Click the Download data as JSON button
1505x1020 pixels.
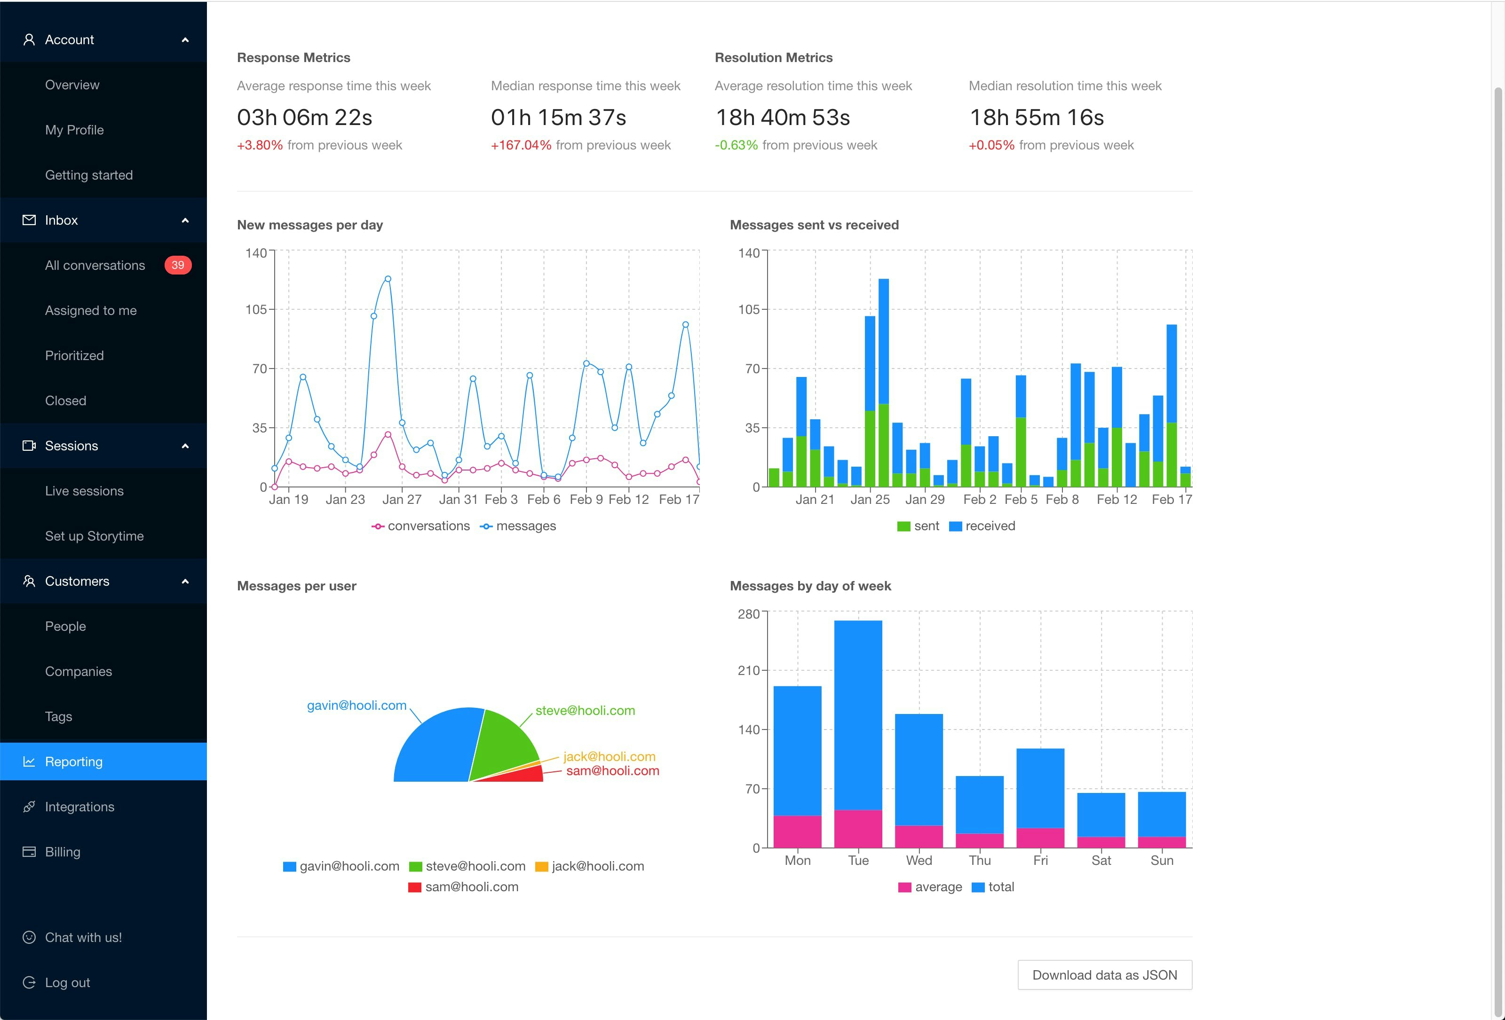(1104, 975)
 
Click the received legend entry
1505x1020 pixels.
(982, 526)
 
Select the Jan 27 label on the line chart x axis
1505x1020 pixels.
(402, 500)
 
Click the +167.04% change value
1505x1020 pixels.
(521, 145)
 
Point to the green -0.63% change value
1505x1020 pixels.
(736, 145)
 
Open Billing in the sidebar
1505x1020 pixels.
(63, 852)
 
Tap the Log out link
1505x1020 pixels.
(67, 982)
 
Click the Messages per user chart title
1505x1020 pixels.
(297, 586)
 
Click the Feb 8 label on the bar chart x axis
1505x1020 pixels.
(1062, 500)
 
